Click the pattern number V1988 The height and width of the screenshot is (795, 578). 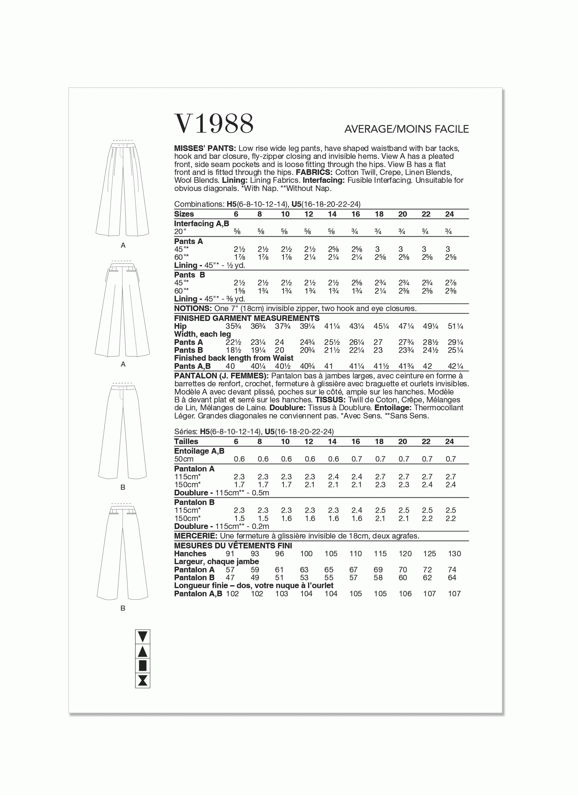(214, 123)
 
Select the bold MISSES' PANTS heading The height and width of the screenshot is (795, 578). (205, 148)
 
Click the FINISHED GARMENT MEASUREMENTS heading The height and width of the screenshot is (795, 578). (246, 318)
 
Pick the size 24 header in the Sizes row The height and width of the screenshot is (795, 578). (449, 214)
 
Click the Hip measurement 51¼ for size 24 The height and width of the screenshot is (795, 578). (455, 326)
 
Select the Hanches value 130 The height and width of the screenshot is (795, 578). (454, 554)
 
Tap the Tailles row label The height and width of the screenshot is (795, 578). (186, 442)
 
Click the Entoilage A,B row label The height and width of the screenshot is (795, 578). (199, 451)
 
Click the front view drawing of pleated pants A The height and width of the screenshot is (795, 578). (123, 189)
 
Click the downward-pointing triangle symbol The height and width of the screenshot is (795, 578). (142, 637)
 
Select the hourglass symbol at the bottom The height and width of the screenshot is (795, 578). (142, 681)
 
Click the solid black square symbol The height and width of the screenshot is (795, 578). (142, 666)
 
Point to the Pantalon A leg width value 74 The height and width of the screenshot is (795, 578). (452, 570)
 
